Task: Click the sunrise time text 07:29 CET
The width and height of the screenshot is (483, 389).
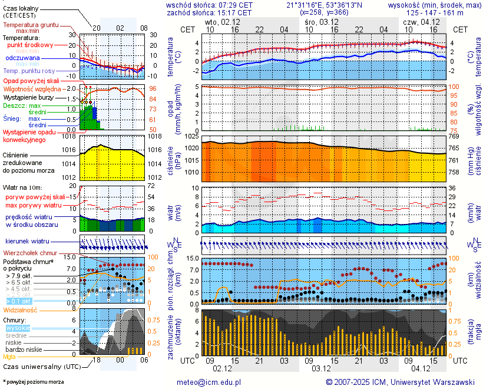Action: (236, 5)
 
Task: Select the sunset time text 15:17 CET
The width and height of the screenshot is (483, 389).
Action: (234, 12)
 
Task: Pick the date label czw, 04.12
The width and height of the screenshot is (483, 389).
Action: (416, 21)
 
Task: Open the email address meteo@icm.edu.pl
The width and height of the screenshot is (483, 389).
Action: (209, 382)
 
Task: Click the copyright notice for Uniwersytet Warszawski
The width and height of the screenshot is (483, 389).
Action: (401, 382)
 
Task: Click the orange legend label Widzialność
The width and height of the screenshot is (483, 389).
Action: (21, 309)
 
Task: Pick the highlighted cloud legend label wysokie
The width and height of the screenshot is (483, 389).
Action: (18, 328)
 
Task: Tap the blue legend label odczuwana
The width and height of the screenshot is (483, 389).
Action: (22, 58)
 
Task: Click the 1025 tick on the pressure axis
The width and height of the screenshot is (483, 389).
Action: (189, 136)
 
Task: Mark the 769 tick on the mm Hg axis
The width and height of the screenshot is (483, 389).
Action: (461, 136)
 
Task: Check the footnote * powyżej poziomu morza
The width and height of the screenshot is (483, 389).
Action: (33, 382)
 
